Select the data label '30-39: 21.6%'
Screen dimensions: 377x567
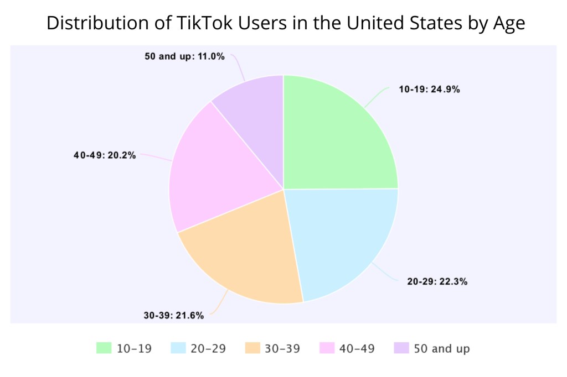coord(174,316)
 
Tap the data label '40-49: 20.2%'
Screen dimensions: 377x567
coord(105,155)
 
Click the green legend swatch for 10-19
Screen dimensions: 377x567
coord(104,348)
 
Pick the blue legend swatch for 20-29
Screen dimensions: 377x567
coord(178,348)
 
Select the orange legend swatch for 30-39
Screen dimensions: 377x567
coord(252,348)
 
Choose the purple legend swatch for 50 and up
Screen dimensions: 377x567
coord(401,348)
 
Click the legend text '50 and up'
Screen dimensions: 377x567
coord(442,348)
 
